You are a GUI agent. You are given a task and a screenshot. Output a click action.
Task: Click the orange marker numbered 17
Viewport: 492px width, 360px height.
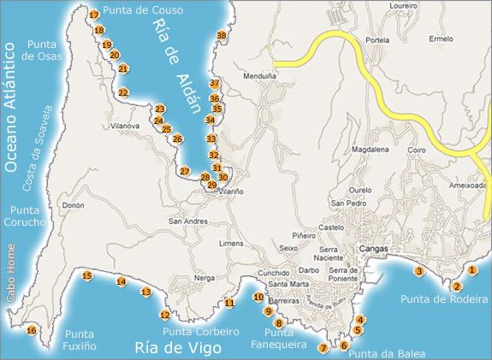(94, 15)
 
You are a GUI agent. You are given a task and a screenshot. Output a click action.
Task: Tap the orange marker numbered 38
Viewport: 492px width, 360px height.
(222, 35)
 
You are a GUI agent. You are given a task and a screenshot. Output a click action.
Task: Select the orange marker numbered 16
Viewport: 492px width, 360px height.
(32, 331)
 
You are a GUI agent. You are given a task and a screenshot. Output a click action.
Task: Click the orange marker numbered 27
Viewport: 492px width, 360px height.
(185, 171)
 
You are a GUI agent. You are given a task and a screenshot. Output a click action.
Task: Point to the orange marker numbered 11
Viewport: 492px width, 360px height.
(229, 303)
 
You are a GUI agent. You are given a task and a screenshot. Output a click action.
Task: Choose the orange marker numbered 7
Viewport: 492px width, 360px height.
(323, 348)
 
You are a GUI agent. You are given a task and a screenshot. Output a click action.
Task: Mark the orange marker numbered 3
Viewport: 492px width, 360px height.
(419, 271)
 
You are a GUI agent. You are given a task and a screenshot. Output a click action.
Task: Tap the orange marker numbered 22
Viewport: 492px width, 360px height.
(124, 92)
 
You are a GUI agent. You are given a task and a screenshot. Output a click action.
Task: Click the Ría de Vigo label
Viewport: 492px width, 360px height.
(178, 347)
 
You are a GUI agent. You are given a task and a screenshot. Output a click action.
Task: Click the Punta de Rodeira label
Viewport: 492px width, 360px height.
(443, 299)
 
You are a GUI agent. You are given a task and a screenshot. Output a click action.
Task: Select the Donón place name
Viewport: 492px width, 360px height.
(74, 205)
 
